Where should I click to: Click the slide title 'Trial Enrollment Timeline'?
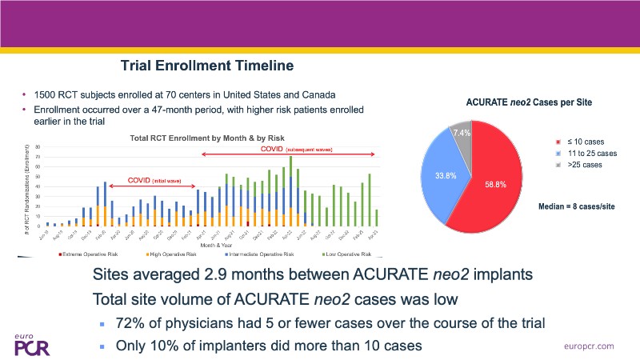(x=206, y=65)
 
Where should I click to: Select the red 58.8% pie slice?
(x=501, y=176)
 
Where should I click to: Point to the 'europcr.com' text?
(x=588, y=345)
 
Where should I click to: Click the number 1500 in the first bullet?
(x=45, y=95)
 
